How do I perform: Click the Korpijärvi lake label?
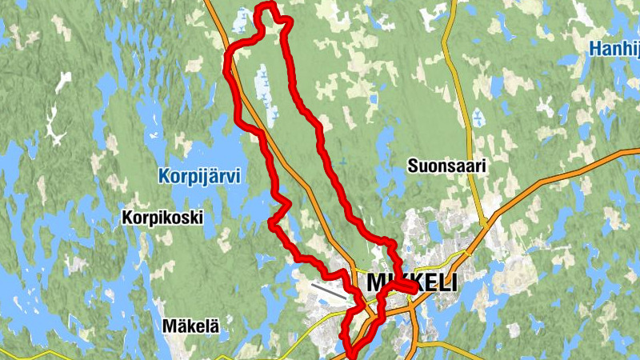coord(199,176)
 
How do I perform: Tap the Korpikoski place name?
coord(162,217)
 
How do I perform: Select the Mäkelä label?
coord(190,326)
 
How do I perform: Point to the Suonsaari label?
coord(446,166)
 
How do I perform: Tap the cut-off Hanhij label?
coord(614,50)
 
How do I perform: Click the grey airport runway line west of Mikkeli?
coord(329,290)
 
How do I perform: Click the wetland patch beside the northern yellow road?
coord(477,118)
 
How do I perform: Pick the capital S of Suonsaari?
coord(412,166)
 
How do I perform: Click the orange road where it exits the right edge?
coord(636,150)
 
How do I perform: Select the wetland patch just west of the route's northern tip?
coord(242,19)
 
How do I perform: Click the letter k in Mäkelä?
coord(184,326)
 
